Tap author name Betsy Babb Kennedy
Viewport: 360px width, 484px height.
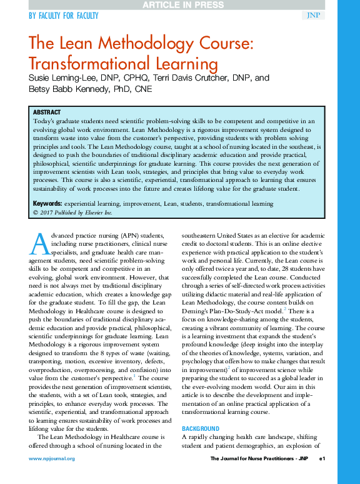pyautogui.click(x=66, y=89)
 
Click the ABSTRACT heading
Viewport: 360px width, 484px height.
pyautogui.click(x=47, y=112)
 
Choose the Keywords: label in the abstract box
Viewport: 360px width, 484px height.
pyautogui.click(x=47, y=204)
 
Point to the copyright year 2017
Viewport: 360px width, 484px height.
pyautogui.click(x=46, y=213)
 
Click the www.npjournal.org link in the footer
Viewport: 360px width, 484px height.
pyautogui.click(x=51, y=459)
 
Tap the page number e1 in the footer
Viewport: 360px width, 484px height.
pyautogui.click(x=322, y=459)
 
